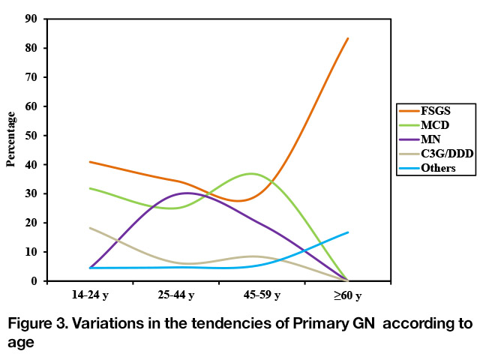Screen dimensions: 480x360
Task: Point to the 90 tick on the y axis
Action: pyautogui.click(x=31, y=19)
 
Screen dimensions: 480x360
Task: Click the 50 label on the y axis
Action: pyautogui.click(x=31, y=135)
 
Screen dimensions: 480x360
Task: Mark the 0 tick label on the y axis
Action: pyautogui.click(x=34, y=281)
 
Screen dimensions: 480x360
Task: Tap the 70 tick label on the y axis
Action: pyautogui.click(x=31, y=77)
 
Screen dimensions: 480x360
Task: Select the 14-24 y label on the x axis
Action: pyautogui.click(x=90, y=295)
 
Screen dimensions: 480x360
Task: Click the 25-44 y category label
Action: pyautogui.click(x=176, y=295)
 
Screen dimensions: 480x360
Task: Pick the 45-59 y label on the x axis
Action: pyautogui.click(x=262, y=295)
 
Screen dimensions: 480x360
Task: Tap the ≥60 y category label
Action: pyautogui.click(x=348, y=295)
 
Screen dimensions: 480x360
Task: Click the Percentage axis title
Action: pyautogui.click(x=10, y=139)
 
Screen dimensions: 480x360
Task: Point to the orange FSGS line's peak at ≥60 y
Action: pyautogui.click(x=348, y=38)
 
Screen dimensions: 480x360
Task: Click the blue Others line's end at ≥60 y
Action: pyautogui.click(x=348, y=232)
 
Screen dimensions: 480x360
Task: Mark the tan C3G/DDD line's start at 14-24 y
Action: pyautogui.click(x=90, y=228)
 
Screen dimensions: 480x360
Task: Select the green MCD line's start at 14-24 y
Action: pyautogui.click(x=90, y=188)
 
